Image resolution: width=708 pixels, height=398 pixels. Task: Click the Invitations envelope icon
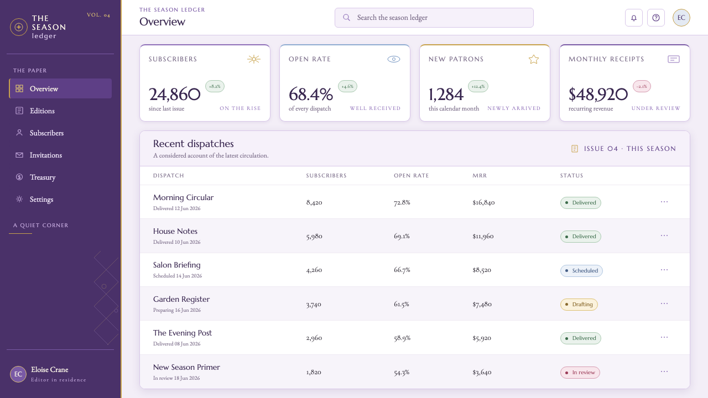pos(19,155)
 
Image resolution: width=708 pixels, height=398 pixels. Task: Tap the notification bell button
pos(634,18)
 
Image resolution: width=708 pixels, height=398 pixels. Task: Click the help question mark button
pos(656,18)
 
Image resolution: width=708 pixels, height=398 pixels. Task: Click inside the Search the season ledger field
pos(434,18)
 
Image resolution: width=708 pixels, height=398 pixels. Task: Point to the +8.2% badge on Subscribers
pos(215,86)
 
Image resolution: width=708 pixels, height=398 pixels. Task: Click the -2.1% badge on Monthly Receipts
pos(642,86)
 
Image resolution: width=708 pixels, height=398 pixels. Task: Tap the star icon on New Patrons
pos(534,59)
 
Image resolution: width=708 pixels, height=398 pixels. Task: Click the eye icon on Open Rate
pos(394,59)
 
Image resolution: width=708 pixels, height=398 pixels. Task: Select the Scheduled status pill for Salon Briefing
pos(581,271)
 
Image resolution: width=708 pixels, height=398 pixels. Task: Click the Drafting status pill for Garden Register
pos(579,305)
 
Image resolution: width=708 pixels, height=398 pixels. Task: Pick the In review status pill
pos(580,373)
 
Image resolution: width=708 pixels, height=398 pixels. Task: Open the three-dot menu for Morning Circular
pos(664,202)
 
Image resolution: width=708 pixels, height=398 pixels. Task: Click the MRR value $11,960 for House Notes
pos(483,236)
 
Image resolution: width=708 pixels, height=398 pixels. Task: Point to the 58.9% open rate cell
pos(402,338)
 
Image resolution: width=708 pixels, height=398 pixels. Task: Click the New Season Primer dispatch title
pos(186,367)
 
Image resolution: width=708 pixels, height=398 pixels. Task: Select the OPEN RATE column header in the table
pos(411,176)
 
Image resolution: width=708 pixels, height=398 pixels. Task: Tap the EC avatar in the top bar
pos(681,18)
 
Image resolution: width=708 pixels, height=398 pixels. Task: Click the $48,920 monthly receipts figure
pos(598,94)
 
